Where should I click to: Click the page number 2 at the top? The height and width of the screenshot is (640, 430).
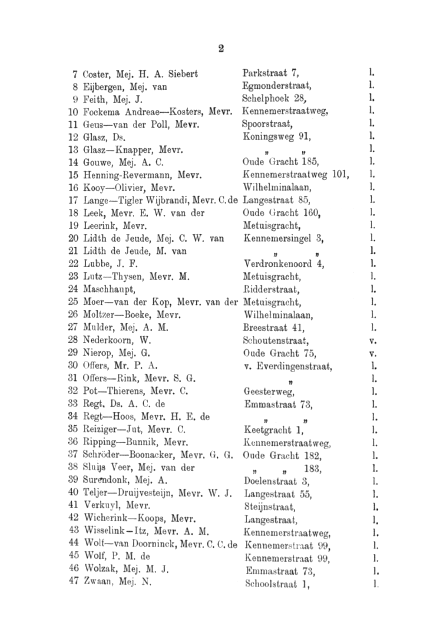pos(220,49)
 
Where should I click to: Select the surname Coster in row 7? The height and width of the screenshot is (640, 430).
pos(93,74)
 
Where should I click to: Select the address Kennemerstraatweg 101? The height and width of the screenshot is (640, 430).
pos(295,174)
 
